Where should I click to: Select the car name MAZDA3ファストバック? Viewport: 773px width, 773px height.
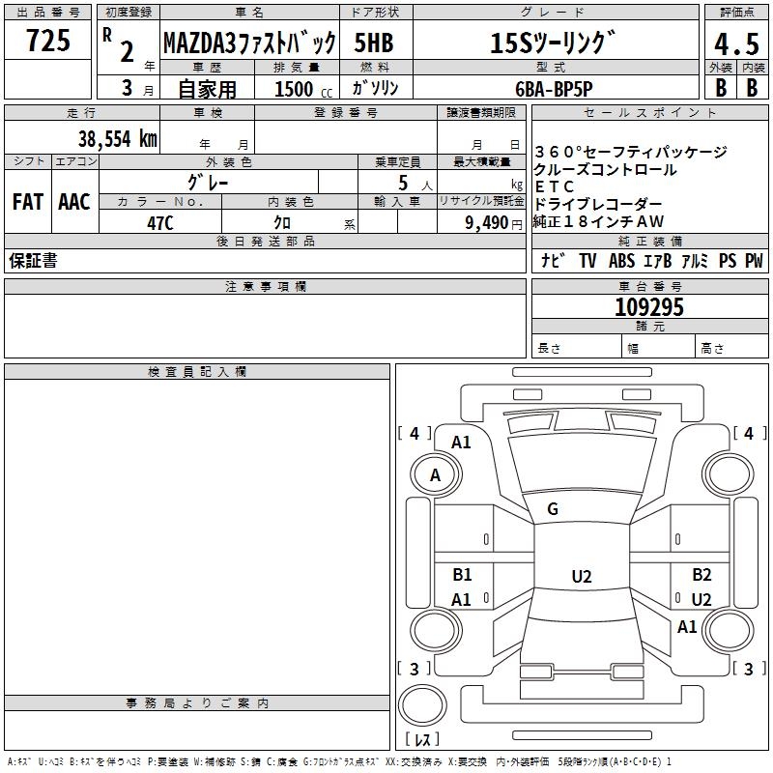click(x=249, y=43)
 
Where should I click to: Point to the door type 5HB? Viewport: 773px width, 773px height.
click(x=373, y=43)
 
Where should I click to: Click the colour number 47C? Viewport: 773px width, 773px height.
click(x=159, y=222)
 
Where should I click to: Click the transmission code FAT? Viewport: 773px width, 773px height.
click(x=27, y=202)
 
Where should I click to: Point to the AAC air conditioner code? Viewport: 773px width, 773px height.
click(x=74, y=202)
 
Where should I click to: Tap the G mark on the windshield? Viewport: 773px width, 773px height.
click(x=553, y=509)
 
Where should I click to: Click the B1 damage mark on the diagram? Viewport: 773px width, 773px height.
click(x=462, y=575)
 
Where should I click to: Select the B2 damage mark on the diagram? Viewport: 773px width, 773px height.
click(x=701, y=575)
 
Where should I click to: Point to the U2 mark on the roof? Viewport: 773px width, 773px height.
click(x=581, y=577)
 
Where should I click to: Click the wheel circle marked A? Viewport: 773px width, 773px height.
click(x=435, y=474)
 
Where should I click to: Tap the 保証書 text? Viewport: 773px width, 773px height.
click(x=33, y=261)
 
